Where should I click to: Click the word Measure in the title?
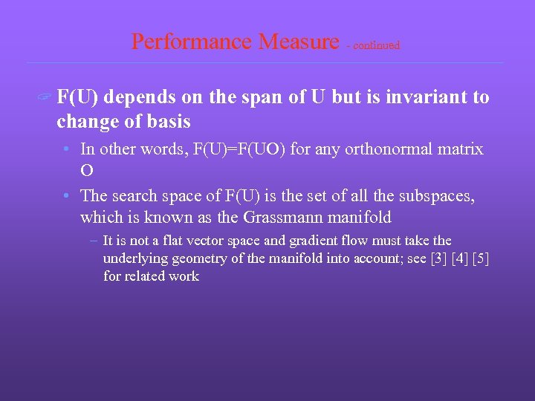tap(297, 42)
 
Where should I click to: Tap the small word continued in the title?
tap(376, 45)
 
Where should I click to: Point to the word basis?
tap(169, 121)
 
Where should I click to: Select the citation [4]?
tap(459, 258)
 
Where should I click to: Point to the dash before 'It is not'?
tap(93, 241)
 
